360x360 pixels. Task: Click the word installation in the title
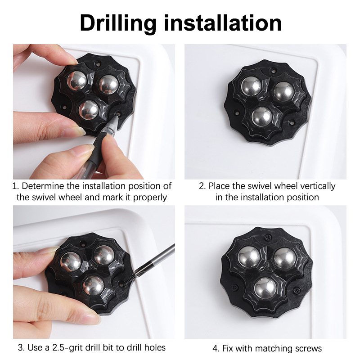pos(223,23)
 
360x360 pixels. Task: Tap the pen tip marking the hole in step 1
pos(118,115)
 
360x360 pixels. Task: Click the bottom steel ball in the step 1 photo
pos(88,110)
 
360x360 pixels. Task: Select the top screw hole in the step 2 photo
pos(273,71)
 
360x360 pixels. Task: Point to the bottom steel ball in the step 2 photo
pos(261,116)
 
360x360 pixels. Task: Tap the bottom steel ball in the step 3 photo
pos(93,285)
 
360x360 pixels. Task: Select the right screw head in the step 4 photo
pos(297,291)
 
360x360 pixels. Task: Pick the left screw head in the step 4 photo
pos(234,287)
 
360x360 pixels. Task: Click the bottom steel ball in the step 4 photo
pos(265,288)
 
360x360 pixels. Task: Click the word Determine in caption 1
pos(43,186)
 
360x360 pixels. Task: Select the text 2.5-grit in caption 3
pos(67,347)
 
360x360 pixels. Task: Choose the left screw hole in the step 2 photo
pos(236,113)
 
